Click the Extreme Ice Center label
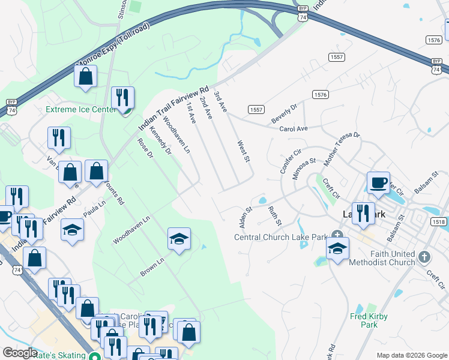81,110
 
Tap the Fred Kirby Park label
369,320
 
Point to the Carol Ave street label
294,129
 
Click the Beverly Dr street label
284,113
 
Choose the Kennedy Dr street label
160,140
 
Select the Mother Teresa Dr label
341,149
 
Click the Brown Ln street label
152,268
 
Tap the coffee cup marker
378,183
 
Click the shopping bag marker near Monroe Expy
86,77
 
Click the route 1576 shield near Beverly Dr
320,95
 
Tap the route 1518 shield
438,222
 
